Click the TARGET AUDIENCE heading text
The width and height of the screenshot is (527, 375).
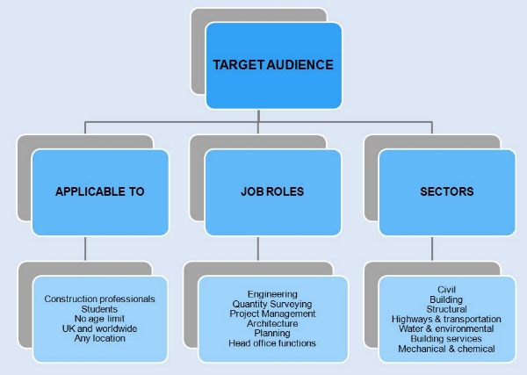[x=272, y=65]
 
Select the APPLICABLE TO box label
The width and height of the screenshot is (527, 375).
[x=99, y=191]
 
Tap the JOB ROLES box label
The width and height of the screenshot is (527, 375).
[x=272, y=191]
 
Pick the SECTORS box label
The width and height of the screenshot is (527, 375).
[x=446, y=191]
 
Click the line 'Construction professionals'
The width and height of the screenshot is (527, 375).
[x=99, y=299]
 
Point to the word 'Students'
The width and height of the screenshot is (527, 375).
[x=99, y=309]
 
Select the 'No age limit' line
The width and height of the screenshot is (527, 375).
[x=99, y=319]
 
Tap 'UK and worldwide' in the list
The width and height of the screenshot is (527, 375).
[x=99, y=328]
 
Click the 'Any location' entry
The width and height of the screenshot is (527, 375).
[x=99, y=338]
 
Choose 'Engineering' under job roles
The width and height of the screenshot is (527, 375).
[x=272, y=294]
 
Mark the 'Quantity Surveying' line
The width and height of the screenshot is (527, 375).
[x=272, y=304]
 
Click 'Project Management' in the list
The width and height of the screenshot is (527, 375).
[x=272, y=314]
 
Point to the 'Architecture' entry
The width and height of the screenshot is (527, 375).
[x=272, y=323]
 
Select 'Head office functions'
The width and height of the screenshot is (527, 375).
[x=272, y=343]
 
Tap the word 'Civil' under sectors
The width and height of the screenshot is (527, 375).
[x=446, y=290]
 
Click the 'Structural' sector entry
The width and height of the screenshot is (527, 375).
[x=446, y=309]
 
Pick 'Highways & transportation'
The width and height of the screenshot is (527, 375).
[x=446, y=319]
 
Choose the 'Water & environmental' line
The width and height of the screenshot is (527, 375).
[x=446, y=328]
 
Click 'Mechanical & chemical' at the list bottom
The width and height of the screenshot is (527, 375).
[x=446, y=349]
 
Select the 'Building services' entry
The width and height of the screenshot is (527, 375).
[x=446, y=338]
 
